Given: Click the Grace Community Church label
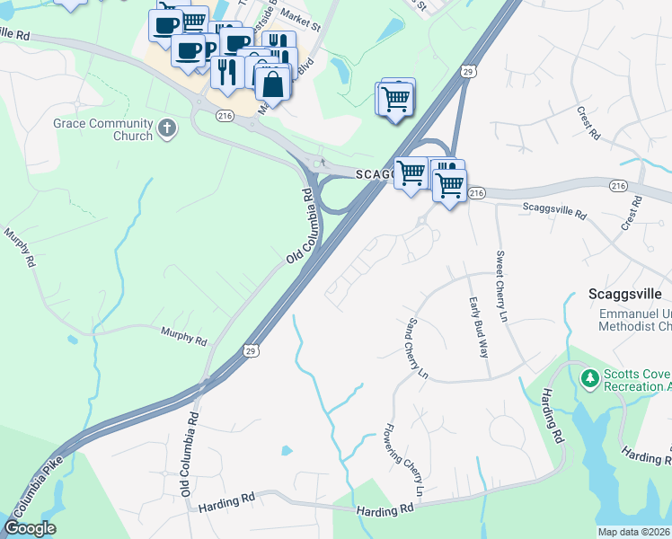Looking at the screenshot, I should (102, 129).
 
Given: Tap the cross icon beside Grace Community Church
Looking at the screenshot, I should (167, 129).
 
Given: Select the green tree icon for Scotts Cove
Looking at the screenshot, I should (590, 377).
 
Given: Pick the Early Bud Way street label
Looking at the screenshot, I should (476, 327).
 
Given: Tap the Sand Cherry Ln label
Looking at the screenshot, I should (416, 348).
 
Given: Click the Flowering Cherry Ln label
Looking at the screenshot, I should (402, 461).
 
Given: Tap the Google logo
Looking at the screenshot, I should (31, 528).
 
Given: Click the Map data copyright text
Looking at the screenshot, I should (633, 532).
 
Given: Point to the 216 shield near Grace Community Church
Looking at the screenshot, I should (224, 114).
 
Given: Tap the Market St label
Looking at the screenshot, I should (293, 17).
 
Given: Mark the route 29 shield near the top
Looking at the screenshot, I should (468, 71).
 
